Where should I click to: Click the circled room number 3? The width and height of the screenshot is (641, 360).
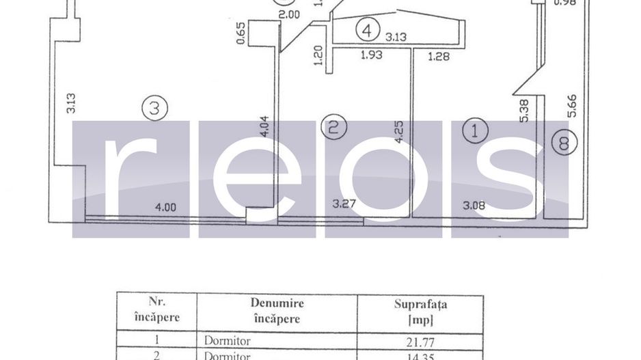(x=155, y=108)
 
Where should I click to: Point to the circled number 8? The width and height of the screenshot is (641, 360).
(x=564, y=143)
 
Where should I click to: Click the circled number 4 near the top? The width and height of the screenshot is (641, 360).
(x=368, y=31)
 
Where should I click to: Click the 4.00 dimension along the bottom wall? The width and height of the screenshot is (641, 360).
(x=165, y=207)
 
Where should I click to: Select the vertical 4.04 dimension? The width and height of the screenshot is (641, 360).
(x=265, y=127)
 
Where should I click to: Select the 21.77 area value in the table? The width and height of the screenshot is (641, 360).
(x=420, y=339)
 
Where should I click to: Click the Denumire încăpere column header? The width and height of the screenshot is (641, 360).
(x=277, y=311)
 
